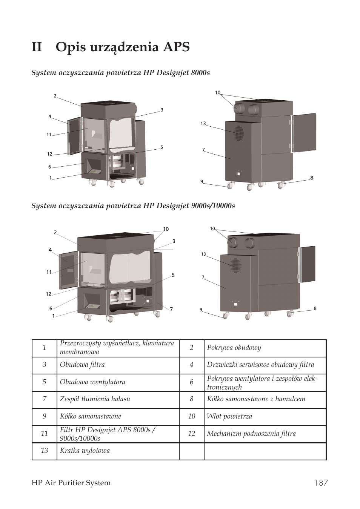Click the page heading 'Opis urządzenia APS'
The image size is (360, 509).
tap(123, 48)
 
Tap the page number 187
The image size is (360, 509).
tap(320, 483)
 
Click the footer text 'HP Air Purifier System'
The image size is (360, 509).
tap(71, 483)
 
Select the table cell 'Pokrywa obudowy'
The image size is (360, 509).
tap(234, 348)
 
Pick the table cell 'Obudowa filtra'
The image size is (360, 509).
tap(82, 365)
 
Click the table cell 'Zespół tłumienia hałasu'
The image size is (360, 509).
tap(95, 399)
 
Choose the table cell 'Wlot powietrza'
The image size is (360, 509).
tap(229, 416)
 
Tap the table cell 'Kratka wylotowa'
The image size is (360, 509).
tap(85, 451)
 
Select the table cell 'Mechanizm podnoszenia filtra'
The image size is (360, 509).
tap(251, 434)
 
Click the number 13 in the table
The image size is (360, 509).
tap(44, 451)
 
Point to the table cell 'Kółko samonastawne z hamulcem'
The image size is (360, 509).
tap(256, 399)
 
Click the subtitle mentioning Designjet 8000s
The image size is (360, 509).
tap(120, 72)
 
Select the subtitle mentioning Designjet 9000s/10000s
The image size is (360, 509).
tap(133, 205)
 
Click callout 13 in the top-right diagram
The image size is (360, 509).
tap(203, 124)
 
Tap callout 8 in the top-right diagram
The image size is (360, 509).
tap(312, 178)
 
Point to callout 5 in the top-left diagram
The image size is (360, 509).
tap(162, 147)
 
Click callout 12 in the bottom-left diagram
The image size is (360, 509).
tap(49, 294)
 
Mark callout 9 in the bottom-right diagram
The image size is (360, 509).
tap(201, 310)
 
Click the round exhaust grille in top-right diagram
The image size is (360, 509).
tap(238, 133)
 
